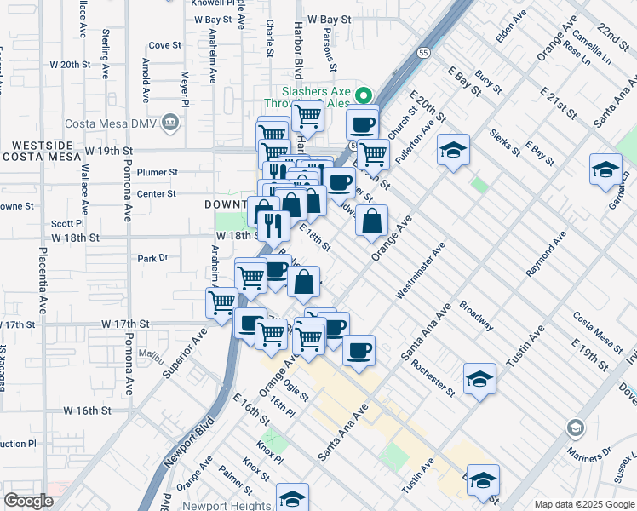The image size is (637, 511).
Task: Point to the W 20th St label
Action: click(70, 65)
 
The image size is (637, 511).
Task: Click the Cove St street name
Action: click(164, 45)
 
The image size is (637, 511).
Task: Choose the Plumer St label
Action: click(160, 172)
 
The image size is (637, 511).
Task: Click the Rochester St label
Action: click(432, 376)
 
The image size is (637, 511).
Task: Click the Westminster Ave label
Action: click(421, 271)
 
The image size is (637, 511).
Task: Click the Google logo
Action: click(29, 501)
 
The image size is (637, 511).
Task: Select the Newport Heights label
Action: click(231, 504)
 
